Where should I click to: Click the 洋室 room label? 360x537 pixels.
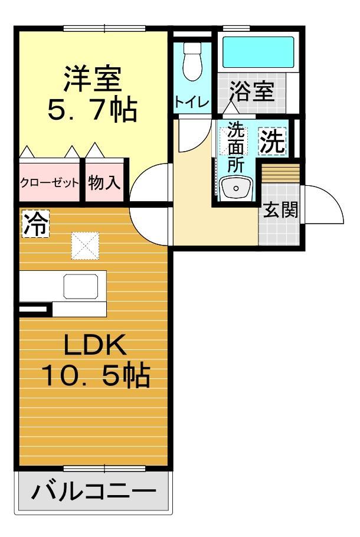pos(92,79)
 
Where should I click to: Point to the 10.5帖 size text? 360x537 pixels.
pos(95,376)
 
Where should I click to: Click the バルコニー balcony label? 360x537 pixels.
pos(94,491)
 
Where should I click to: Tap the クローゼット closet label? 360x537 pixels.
pos(50,182)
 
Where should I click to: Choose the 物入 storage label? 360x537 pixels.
pos(104,182)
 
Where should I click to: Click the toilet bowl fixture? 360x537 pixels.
pos(192,63)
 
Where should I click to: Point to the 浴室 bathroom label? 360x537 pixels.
pos(252,93)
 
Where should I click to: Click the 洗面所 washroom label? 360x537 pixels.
pos(235,148)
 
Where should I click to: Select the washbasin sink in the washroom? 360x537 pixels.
pos(235,189)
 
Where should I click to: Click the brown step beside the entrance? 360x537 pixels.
pos(280,173)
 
